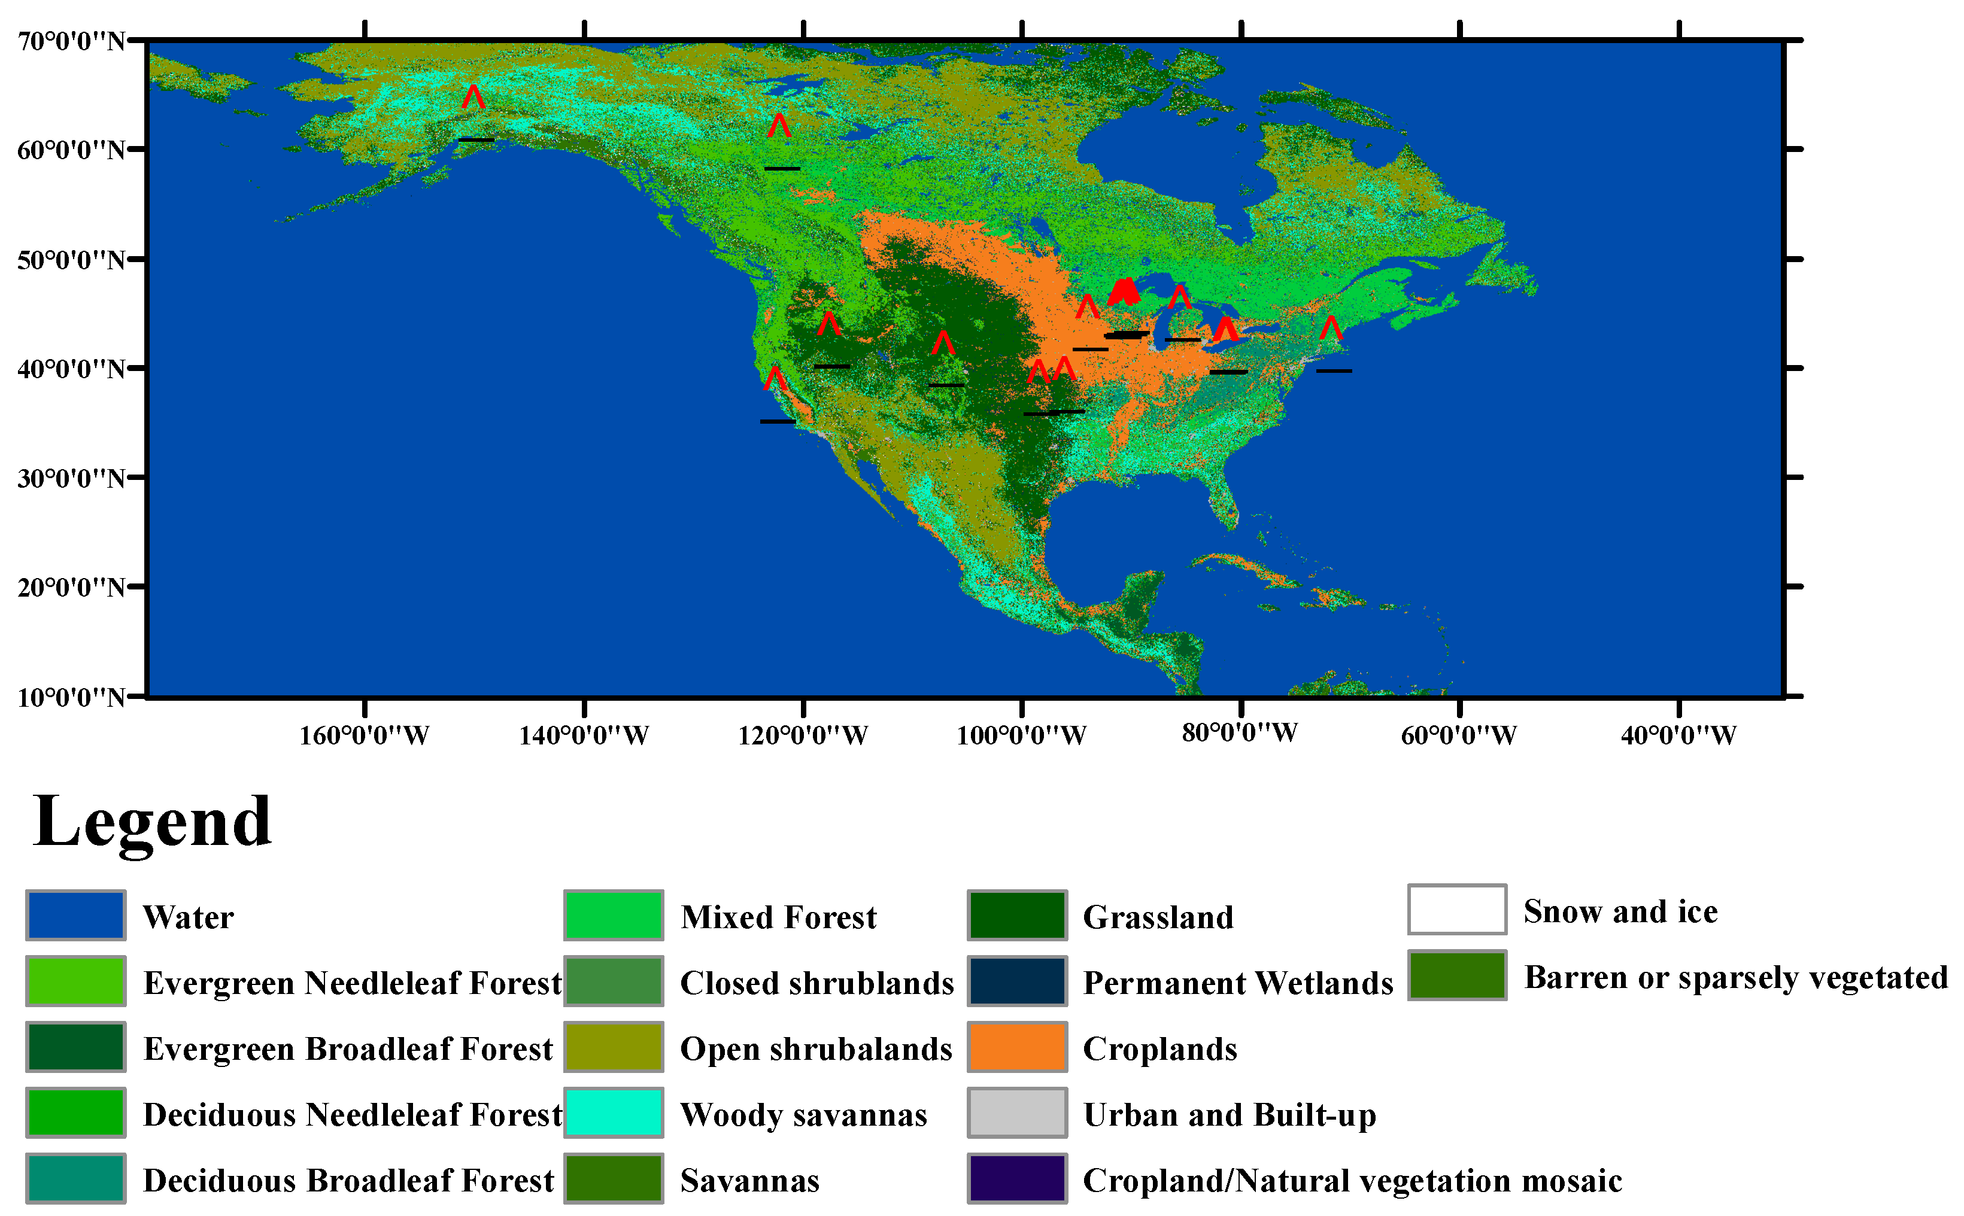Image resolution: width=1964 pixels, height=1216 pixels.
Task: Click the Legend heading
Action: [152, 822]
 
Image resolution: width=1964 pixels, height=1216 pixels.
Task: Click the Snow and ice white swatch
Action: [1456, 910]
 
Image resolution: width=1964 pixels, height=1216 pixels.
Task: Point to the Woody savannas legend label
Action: [803, 1115]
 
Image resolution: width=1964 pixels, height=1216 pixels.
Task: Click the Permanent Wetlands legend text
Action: [1237, 983]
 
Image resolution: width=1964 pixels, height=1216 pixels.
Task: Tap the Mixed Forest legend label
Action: [778, 917]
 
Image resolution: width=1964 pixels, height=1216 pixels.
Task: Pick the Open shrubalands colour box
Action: [613, 1047]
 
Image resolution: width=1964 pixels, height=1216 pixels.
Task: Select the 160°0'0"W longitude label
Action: [365, 735]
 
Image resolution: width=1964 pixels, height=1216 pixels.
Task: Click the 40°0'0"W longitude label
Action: [1678, 735]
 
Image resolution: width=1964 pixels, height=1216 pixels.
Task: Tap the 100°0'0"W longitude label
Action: [1021, 735]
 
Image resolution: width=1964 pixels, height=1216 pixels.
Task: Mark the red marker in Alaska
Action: [473, 98]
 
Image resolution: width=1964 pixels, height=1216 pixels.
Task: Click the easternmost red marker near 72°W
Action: [1331, 327]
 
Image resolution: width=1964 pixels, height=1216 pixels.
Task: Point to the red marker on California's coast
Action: [775, 378]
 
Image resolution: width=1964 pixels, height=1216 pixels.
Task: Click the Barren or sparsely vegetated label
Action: [1735, 977]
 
